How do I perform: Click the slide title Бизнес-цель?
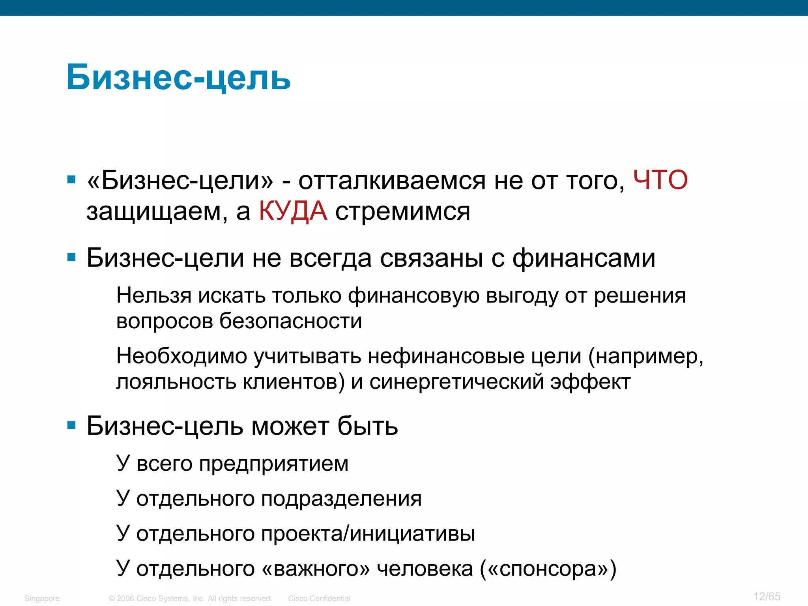(x=178, y=77)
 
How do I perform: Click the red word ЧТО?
(x=660, y=181)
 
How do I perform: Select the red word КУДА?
(x=293, y=211)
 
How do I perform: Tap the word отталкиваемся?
(x=391, y=181)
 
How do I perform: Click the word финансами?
(x=584, y=258)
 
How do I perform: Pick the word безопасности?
(x=290, y=321)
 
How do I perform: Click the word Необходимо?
(x=181, y=356)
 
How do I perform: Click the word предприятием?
(x=273, y=464)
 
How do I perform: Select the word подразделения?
(x=341, y=499)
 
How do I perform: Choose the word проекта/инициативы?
(x=368, y=534)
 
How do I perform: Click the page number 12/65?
(x=767, y=596)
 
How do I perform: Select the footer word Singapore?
(x=42, y=599)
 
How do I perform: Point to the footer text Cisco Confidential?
(x=319, y=599)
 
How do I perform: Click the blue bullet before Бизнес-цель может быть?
(x=71, y=426)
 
